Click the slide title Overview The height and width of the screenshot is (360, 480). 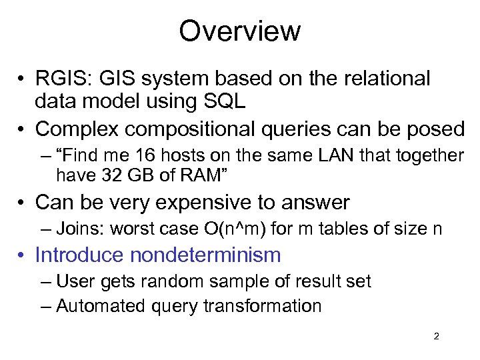(x=240, y=31)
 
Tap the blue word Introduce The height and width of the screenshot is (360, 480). (x=80, y=255)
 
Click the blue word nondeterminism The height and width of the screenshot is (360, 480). (x=206, y=255)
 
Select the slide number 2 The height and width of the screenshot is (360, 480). (x=436, y=337)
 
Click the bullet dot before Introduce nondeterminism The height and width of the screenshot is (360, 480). (x=23, y=255)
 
